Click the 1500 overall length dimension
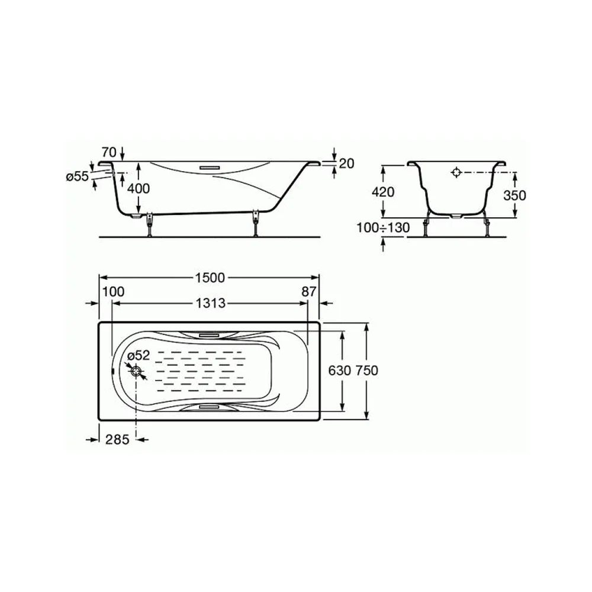pyautogui.click(x=210, y=278)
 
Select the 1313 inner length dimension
pyautogui.click(x=210, y=303)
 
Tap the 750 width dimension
pyautogui.click(x=366, y=371)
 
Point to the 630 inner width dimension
pyautogui.click(x=339, y=371)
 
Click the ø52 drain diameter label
pyautogui.click(x=139, y=355)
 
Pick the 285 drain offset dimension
pyautogui.click(x=117, y=439)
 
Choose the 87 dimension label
pyautogui.click(x=309, y=291)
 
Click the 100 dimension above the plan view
pyautogui.click(x=113, y=291)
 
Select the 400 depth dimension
pyautogui.click(x=138, y=188)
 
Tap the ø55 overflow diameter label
pyautogui.click(x=77, y=176)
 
